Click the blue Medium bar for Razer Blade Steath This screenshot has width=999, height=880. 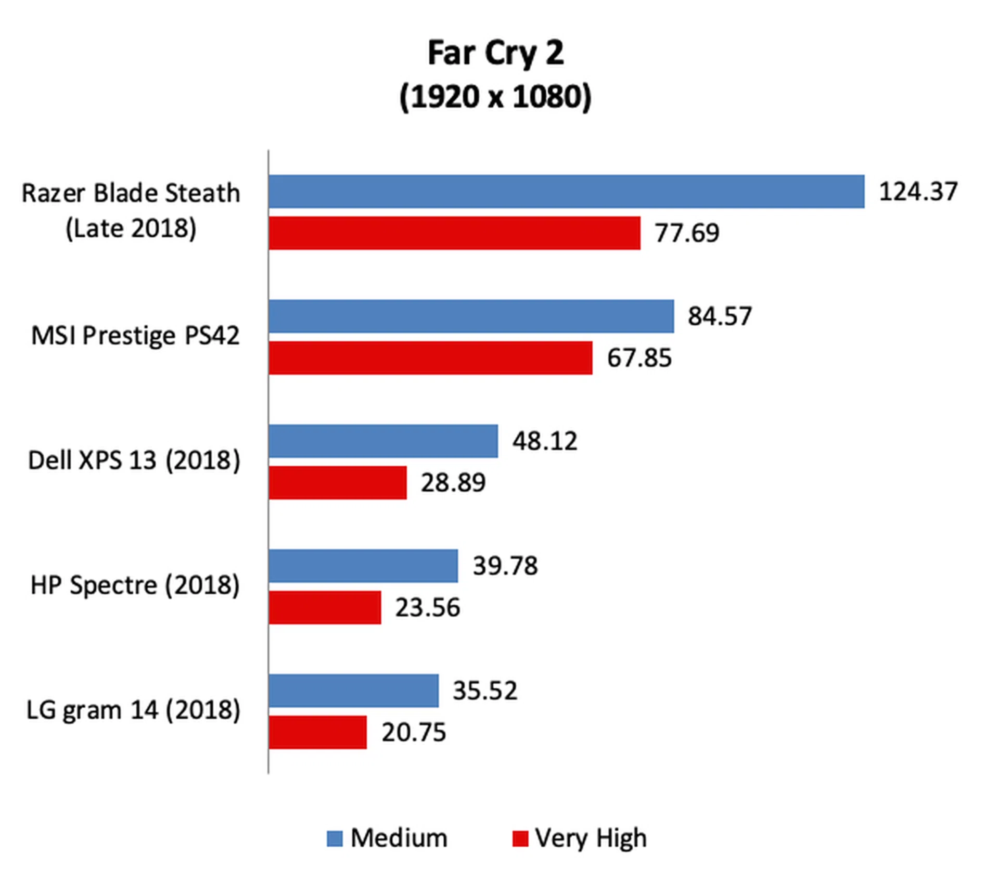[566, 192]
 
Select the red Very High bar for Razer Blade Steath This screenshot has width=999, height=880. [454, 233]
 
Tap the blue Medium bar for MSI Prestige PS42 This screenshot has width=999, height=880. [471, 316]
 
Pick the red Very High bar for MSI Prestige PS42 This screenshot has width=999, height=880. [430, 358]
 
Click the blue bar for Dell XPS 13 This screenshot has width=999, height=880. [383, 441]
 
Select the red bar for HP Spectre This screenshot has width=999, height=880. [325, 607]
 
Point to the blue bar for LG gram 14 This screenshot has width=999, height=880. [353, 691]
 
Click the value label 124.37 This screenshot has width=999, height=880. [918, 192]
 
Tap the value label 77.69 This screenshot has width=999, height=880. [687, 233]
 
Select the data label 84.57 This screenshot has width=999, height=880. [720, 316]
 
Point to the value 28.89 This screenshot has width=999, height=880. [453, 483]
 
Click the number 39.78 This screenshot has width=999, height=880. [505, 566]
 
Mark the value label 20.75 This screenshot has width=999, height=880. [414, 732]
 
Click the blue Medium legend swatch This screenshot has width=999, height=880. [335, 838]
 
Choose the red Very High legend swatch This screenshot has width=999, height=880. [520, 838]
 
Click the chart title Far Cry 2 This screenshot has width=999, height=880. [495, 53]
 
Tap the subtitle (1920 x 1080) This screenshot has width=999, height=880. [495, 97]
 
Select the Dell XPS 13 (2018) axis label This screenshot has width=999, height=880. [134, 461]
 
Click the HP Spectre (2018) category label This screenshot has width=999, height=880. [135, 585]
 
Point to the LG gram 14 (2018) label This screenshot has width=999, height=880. [134, 710]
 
